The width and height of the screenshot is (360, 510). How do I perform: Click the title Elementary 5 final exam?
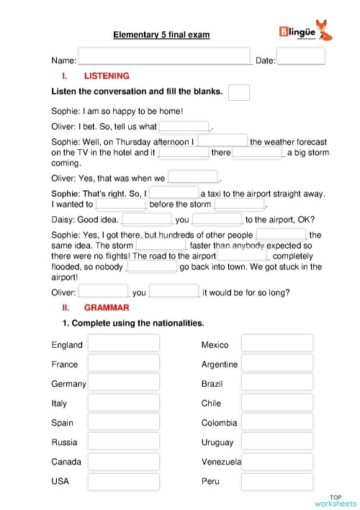click(161, 34)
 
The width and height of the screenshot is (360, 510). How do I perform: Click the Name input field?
click(164, 58)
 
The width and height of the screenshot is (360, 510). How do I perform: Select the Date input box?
click(300, 58)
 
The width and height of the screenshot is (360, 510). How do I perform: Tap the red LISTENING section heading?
click(107, 76)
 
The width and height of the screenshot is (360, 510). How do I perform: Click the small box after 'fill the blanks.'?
click(238, 92)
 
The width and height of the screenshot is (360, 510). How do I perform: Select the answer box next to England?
click(123, 344)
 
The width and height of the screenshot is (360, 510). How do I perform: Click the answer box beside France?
click(123, 363)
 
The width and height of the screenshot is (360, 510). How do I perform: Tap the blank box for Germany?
click(123, 382)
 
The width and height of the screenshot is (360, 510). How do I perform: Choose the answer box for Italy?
click(123, 402)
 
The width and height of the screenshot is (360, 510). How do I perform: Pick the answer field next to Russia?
click(123, 441)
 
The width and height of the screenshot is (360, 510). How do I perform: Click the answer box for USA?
click(123, 480)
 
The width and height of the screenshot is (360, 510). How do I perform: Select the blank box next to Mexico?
click(277, 344)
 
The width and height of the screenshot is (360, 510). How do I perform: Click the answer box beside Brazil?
click(277, 382)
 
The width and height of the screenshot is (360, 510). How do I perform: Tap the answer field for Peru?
click(277, 480)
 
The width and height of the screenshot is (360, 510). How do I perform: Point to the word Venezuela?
click(221, 462)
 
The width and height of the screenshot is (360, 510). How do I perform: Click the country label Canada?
click(66, 462)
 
